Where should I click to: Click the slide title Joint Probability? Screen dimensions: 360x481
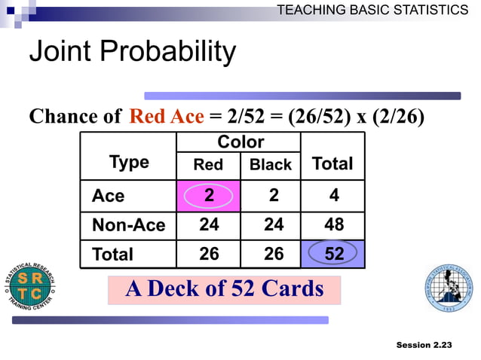point(132,53)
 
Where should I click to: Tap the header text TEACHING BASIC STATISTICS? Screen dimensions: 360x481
point(372,10)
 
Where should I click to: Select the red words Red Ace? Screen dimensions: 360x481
point(166,117)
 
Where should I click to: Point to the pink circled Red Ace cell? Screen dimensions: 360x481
point(209,195)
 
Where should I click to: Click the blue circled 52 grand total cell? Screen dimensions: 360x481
point(333,255)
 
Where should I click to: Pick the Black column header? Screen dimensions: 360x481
point(271,165)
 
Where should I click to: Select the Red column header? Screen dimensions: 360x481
point(208,165)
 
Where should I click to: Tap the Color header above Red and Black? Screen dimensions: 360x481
point(240,142)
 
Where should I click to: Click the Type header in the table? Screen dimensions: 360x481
point(129,163)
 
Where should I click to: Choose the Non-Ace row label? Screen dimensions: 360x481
point(128,225)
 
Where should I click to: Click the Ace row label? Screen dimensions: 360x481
point(108,196)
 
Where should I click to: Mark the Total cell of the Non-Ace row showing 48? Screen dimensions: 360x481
point(333,224)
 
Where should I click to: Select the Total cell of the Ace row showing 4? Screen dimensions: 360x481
point(333,195)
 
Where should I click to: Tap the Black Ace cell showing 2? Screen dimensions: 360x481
point(273,195)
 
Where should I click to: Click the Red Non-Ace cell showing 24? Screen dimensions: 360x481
point(209,224)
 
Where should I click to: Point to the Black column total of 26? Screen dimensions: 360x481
point(273,255)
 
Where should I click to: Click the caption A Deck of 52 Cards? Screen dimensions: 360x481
point(224,289)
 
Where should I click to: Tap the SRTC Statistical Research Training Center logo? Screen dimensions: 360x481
point(31,287)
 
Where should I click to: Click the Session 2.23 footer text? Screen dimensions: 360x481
point(424,344)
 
